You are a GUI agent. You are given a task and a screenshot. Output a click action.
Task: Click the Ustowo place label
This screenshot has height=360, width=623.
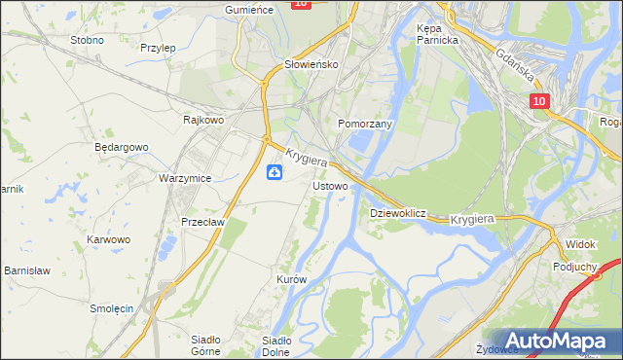coord(330,185)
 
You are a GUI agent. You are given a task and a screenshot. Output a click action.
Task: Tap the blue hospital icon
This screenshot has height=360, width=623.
coord(275,173)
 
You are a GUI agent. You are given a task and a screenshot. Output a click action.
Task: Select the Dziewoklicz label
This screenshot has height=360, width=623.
coord(398,212)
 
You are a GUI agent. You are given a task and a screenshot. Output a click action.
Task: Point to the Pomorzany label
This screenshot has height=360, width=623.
coord(364,125)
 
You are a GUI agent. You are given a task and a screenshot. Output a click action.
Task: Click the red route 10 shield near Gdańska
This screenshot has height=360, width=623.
coord(539,101)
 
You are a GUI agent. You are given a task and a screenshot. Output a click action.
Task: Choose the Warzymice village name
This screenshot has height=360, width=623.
coord(185,179)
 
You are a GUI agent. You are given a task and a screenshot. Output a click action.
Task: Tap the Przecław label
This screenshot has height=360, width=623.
coord(203,222)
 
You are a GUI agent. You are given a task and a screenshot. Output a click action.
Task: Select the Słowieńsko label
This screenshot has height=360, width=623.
coord(310,64)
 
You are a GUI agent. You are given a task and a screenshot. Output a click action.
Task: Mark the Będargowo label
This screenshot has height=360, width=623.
coord(121,148)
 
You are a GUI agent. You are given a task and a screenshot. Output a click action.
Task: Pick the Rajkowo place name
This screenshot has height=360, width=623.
coord(204,121)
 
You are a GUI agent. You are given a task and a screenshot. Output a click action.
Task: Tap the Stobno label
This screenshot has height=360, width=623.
coord(88,41)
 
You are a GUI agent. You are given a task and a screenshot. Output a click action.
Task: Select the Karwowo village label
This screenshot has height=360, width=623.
coord(108,239)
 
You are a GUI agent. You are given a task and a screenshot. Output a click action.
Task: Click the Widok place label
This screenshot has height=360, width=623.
coord(580,244)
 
